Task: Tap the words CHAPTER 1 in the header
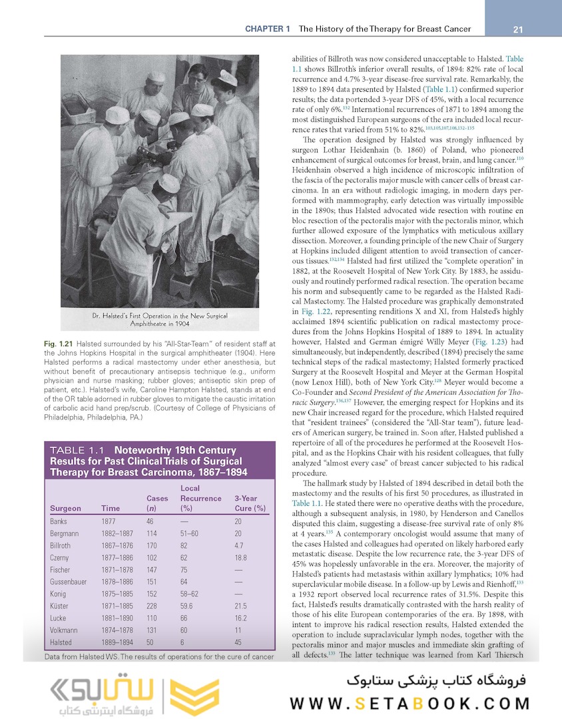click(268, 29)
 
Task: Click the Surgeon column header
click(65, 509)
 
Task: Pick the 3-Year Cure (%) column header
click(250, 503)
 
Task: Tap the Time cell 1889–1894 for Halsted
click(117, 642)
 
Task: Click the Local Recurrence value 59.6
click(186, 606)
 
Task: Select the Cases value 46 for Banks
click(150, 522)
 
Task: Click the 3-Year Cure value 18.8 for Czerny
click(241, 558)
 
